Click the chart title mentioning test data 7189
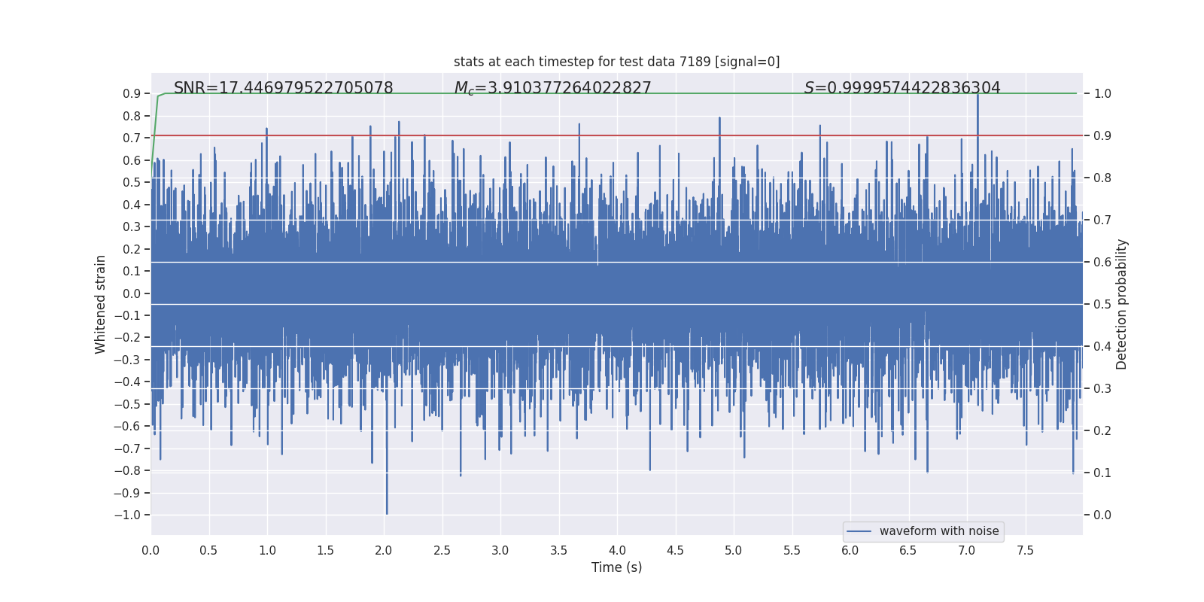[x=616, y=62]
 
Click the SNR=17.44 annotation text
[x=283, y=88]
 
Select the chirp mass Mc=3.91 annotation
[x=552, y=88]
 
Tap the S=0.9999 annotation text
[x=902, y=88]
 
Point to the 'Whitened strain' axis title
[x=100, y=304]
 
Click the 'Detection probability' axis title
[x=1122, y=304]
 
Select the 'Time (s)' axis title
[x=616, y=567]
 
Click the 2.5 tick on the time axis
[x=442, y=551]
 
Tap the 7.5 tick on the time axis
[x=1025, y=551]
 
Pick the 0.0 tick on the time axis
[x=150, y=551]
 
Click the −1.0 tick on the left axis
[x=127, y=515]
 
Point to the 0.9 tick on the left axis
[x=132, y=94]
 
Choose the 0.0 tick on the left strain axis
[x=132, y=293]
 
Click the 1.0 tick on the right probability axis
[x=1102, y=94]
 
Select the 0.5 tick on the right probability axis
[x=1102, y=305]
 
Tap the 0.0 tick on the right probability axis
[x=1102, y=515]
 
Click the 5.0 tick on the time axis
[x=734, y=551]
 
